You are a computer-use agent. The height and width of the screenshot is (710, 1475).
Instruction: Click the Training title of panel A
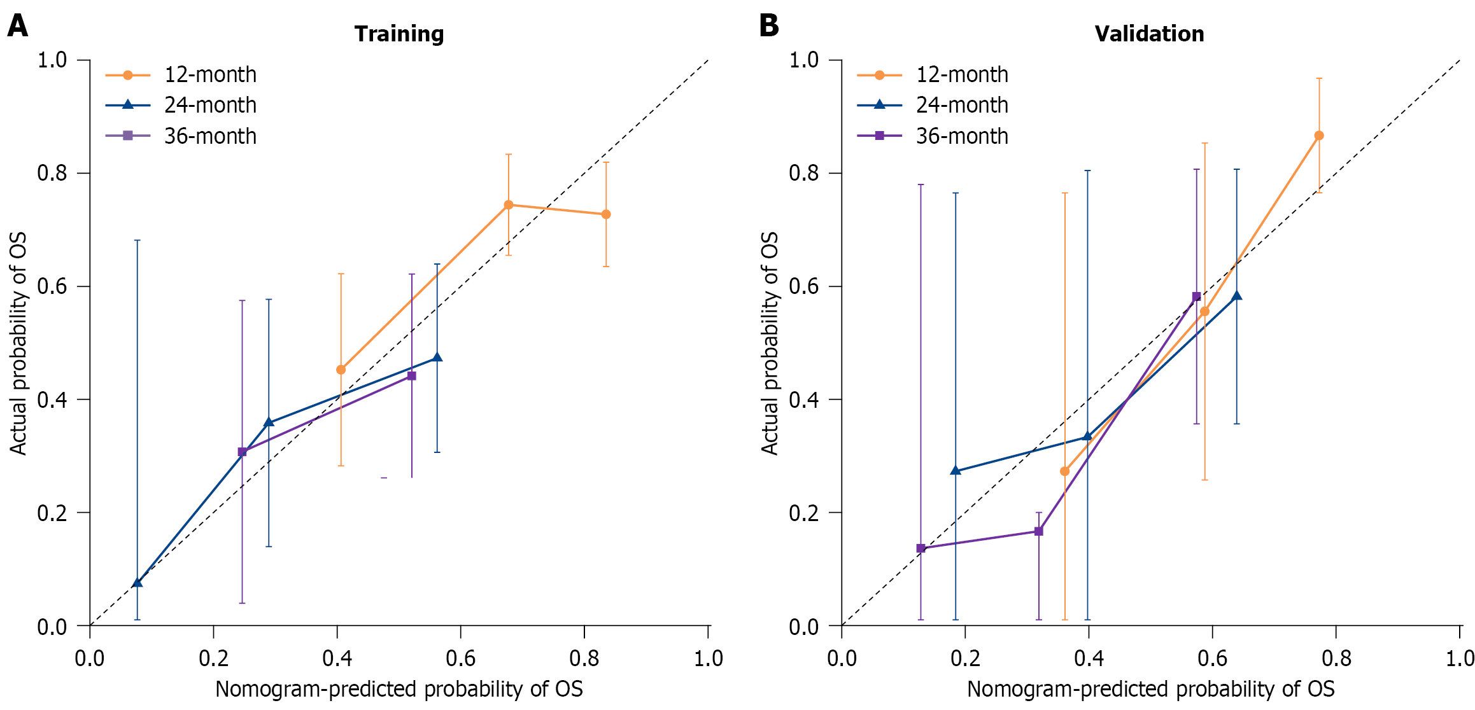point(399,34)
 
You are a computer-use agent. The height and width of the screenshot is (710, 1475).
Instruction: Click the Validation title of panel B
point(1149,34)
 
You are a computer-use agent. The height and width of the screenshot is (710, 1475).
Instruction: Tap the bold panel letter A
point(17,26)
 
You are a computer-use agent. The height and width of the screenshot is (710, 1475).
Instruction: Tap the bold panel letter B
point(769,26)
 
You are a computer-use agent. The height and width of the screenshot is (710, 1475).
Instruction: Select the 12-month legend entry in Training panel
point(181,75)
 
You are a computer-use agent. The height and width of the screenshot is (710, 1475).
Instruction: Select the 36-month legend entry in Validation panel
point(933,136)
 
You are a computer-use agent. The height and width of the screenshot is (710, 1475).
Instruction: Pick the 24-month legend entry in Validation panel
point(933,105)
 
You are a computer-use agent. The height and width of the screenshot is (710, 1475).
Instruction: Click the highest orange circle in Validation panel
point(1319,136)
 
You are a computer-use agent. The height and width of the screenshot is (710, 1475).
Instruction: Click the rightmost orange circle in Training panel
point(606,214)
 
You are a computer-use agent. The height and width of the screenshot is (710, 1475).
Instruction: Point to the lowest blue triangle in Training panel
point(137,583)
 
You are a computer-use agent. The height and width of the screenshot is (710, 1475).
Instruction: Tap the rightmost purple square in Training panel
point(412,376)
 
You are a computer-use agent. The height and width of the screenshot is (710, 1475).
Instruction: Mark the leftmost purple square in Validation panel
point(921,548)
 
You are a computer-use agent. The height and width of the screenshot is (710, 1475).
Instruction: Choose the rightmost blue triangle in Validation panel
point(1237,296)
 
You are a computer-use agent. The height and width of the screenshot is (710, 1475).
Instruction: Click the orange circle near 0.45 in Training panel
point(341,370)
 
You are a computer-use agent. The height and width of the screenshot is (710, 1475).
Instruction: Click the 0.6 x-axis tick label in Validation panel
point(1212,658)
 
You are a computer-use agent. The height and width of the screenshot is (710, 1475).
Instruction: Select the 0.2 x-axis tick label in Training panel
point(213,658)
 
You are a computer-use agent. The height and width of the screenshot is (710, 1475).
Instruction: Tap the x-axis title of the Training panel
point(399,689)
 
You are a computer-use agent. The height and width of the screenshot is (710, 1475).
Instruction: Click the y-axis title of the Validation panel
point(770,344)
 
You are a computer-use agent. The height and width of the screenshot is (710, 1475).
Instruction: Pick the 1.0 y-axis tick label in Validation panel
point(804,60)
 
